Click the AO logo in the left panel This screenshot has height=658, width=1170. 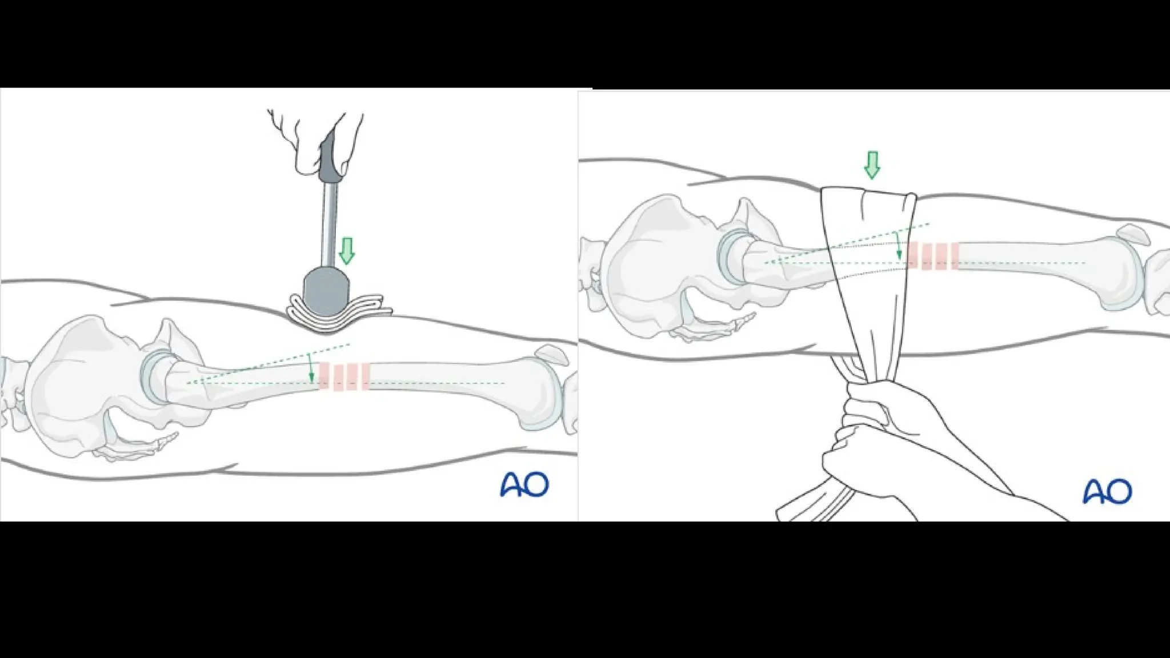pos(524,484)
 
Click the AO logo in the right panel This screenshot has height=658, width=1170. pos(1107,491)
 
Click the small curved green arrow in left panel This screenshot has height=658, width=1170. pos(310,368)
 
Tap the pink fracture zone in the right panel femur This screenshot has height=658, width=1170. pos(932,256)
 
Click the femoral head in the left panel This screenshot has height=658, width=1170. pos(155,376)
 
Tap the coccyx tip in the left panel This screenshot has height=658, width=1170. pos(171,437)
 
